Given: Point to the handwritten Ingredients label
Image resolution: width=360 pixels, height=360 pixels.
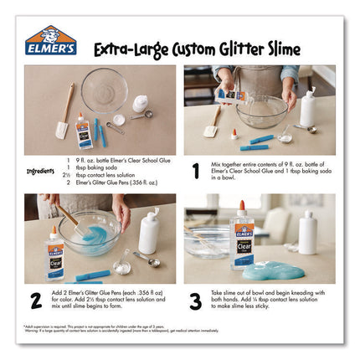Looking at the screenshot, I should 39,171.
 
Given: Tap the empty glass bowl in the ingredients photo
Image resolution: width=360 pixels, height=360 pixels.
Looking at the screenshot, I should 104,90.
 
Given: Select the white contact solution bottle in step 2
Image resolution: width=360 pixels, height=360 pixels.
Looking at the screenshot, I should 151,231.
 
